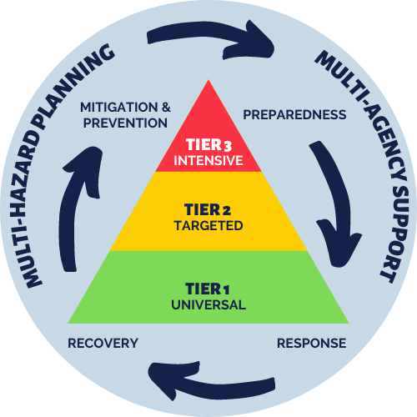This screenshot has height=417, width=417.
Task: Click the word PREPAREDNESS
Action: (x=294, y=115)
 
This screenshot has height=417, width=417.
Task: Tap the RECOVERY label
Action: (x=103, y=344)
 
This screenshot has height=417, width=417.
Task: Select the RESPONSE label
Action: (x=312, y=344)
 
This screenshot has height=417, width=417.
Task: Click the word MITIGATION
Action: (x=119, y=108)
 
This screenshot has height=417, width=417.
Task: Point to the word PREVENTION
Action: (x=125, y=123)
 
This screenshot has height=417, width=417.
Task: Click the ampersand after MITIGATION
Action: (x=166, y=108)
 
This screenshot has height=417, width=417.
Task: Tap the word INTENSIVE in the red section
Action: (x=208, y=161)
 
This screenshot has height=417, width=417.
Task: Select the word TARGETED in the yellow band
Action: (x=208, y=225)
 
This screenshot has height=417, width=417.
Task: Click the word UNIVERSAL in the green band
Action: (x=208, y=305)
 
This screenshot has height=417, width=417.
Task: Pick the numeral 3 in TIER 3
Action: (x=228, y=146)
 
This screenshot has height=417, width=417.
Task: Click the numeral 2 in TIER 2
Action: (x=227, y=210)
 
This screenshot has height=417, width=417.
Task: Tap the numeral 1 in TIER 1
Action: (x=227, y=290)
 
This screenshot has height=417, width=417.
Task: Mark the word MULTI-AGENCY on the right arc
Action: (x=364, y=114)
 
